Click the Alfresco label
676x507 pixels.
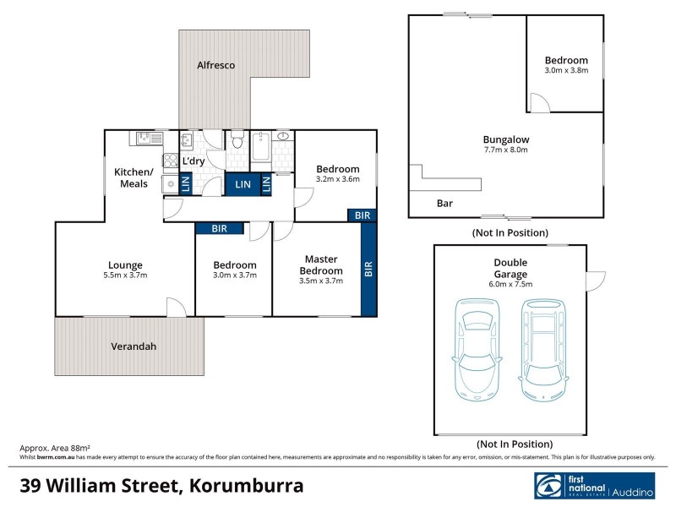tap(215, 65)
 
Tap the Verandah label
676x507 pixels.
tap(134, 346)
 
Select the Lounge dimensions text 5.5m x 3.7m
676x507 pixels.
tap(124, 276)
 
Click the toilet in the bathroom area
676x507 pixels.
tap(237, 139)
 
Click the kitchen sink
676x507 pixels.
tap(144, 137)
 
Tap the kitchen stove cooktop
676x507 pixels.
tap(169, 161)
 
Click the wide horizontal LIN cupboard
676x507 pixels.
tap(243, 184)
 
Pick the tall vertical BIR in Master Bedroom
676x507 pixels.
tap(368, 270)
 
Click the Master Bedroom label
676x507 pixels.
tap(321, 264)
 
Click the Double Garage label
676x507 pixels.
tap(510, 268)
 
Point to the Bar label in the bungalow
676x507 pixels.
tap(444, 204)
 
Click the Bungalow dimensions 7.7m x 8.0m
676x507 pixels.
tap(505, 150)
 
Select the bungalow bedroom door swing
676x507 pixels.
tap(538, 103)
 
